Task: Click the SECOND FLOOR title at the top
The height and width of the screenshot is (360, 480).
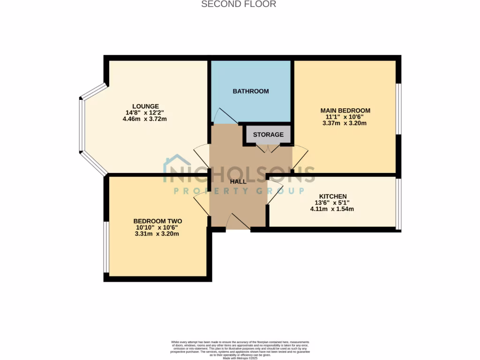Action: [239, 4]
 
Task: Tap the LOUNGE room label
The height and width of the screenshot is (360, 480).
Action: [145, 106]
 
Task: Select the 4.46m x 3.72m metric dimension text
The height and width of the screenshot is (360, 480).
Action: [145, 119]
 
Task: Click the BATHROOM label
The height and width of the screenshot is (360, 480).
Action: [251, 91]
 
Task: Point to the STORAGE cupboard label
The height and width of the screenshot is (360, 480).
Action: [268, 135]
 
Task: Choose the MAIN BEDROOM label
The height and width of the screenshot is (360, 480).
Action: [345, 111]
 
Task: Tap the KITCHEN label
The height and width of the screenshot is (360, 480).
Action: [333, 196]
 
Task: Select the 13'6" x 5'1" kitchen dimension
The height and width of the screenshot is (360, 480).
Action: [332, 202]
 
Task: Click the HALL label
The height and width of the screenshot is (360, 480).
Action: [238, 181]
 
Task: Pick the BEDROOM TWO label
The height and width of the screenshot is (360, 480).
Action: [157, 221]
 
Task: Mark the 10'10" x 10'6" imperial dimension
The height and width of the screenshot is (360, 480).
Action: [157, 227]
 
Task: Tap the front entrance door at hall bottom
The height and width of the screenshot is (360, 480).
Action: [238, 222]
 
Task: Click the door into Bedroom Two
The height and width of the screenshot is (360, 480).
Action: [202, 204]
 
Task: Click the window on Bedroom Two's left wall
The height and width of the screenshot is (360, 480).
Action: [106, 247]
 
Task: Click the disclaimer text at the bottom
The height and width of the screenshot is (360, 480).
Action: [240, 350]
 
